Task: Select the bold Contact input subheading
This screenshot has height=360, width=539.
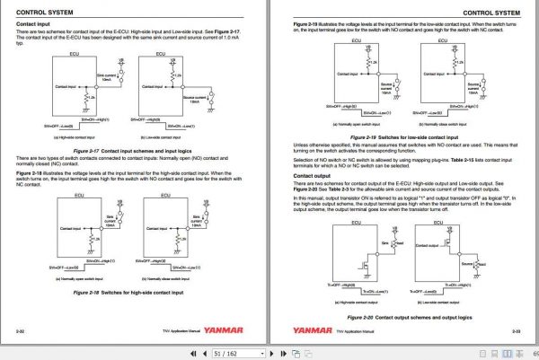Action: (31, 26)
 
